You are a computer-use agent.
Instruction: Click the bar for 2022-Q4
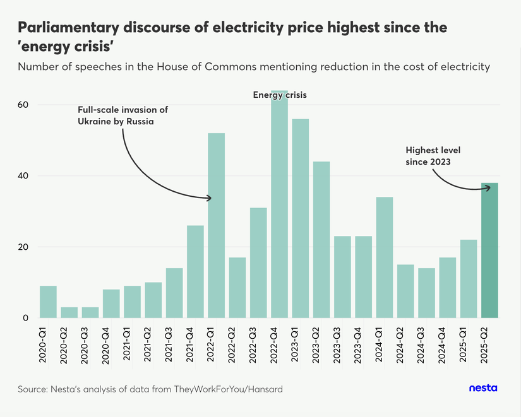(x=279, y=208)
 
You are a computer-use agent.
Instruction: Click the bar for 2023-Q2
(x=321, y=240)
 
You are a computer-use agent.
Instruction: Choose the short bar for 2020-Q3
(x=90, y=312)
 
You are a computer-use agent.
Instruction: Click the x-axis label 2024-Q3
(x=426, y=344)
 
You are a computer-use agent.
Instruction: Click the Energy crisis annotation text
(x=279, y=95)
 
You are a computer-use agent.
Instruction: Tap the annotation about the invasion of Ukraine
(x=123, y=115)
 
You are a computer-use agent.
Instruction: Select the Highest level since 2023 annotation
(x=433, y=156)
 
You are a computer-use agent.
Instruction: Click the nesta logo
(x=483, y=389)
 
